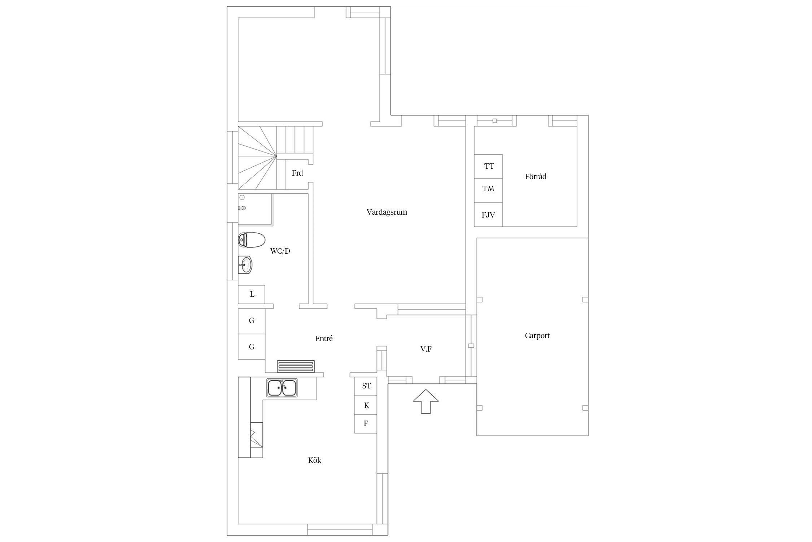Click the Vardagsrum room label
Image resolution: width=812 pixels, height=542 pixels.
[x=387, y=212]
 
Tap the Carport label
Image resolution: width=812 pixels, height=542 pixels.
[x=537, y=336]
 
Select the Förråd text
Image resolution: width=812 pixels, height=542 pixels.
[x=536, y=177]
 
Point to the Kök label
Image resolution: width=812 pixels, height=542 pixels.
[x=315, y=460]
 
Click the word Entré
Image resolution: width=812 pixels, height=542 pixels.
[x=324, y=339]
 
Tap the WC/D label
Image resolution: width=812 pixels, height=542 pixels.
[x=280, y=251]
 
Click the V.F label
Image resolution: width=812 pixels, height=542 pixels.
[x=426, y=349]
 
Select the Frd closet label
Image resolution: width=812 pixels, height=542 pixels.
[x=297, y=173]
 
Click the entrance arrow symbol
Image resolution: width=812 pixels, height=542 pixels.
[x=426, y=401]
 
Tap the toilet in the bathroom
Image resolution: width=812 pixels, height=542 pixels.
[x=252, y=240]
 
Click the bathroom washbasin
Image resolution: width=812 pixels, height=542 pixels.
[x=245, y=265]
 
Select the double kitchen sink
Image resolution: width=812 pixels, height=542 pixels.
[x=282, y=388]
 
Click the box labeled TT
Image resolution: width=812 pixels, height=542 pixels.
[x=488, y=166]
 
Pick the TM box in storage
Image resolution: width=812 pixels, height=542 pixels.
[x=488, y=190]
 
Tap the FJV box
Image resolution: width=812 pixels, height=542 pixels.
[x=488, y=215]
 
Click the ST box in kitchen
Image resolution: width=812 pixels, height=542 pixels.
[x=366, y=386]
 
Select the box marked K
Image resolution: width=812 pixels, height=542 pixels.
[x=366, y=405]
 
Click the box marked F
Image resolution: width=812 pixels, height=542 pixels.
[x=366, y=423]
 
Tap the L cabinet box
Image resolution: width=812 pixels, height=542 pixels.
[x=252, y=294]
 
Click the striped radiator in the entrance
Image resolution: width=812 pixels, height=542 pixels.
[x=296, y=366]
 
